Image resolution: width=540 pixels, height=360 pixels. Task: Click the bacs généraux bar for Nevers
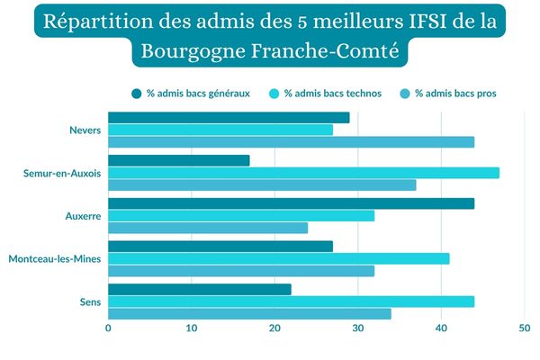pos(229,118)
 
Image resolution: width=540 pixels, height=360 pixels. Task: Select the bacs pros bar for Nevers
pos(291,142)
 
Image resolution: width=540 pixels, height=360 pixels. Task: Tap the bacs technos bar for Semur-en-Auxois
pos(303,173)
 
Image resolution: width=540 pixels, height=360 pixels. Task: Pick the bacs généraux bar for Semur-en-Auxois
pos(178,161)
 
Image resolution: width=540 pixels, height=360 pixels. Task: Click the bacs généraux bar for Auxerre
pos(291,203)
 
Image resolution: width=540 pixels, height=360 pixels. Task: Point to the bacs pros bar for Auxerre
pos(208,228)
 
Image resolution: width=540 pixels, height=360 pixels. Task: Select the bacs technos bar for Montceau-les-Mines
pos(278,259)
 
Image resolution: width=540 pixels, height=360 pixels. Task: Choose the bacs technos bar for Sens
pos(291,301)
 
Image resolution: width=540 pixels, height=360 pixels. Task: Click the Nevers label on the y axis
pos(85,130)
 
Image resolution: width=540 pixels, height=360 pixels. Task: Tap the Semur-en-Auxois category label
pos(62,173)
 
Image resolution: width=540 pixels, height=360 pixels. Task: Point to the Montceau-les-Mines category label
pos(54,259)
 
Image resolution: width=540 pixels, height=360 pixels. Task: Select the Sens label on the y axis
pos(89,301)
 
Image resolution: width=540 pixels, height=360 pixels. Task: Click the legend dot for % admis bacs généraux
pos(137,93)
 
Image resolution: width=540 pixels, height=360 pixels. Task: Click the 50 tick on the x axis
pos(524,329)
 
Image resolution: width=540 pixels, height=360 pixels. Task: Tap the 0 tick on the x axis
pos(108,329)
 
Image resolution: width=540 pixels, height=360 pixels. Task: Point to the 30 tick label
pos(357,329)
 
